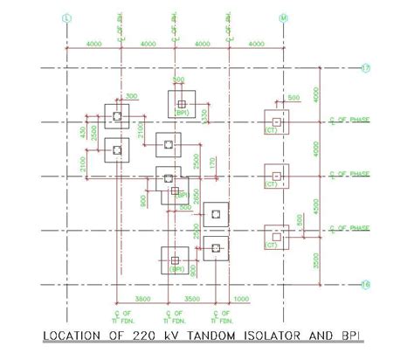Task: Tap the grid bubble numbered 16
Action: pos(367,283)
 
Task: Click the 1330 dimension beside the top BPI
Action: pos(205,115)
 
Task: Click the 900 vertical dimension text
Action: pos(142,202)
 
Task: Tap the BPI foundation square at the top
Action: pos(183,100)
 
